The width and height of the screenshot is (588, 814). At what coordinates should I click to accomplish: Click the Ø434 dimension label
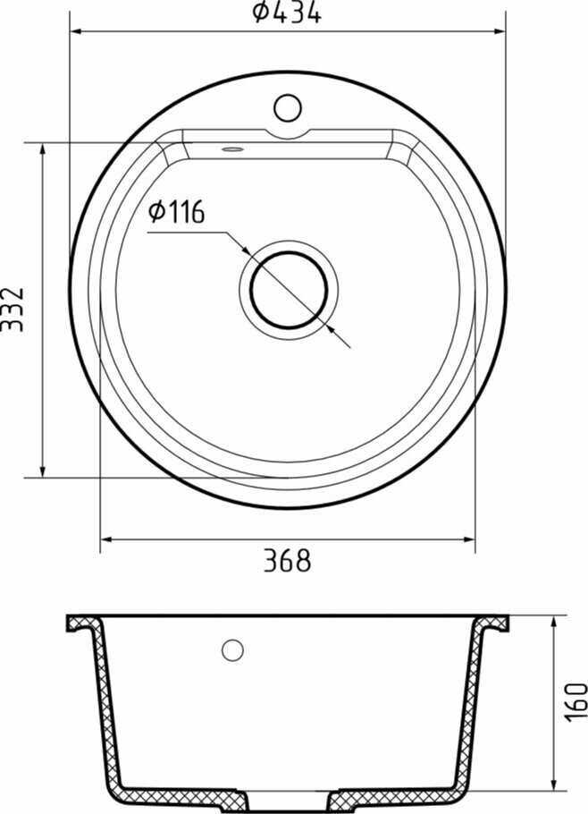(286, 13)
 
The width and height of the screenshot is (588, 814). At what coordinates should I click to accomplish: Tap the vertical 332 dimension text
(13, 309)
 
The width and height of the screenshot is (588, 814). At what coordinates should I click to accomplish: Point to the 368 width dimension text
(287, 561)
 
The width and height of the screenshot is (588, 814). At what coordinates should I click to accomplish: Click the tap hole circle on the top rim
(287, 108)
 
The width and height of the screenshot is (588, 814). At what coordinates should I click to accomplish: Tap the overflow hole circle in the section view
(233, 650)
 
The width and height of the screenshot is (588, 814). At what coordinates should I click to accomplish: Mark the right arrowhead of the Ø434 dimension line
(500, 31)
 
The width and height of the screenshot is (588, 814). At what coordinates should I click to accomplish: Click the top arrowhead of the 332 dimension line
(42, 148)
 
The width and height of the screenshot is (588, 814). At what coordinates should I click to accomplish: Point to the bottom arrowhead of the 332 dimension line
(42, 471)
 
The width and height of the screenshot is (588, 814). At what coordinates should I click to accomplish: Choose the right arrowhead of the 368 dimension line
(470, 539)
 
